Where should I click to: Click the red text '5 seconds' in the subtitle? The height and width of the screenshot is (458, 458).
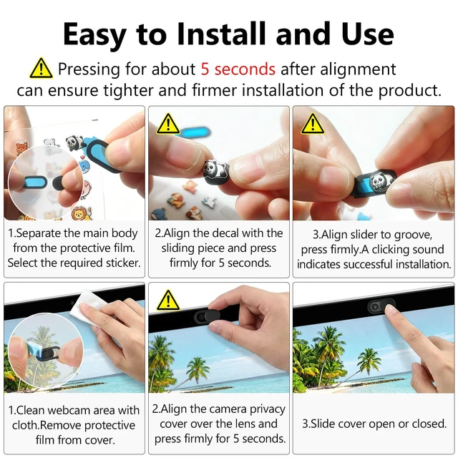coord(238,69)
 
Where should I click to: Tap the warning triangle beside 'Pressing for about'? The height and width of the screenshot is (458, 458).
coord(42,69)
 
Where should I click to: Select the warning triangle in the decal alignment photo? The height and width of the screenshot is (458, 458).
coord(168,124)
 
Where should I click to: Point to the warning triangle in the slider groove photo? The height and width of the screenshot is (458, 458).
coord(313,124)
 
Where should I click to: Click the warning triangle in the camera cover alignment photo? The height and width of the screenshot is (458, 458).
coord(168,301)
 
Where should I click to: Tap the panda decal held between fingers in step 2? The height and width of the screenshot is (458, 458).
coord(215,172)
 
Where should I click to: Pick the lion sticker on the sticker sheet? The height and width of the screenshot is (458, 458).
coord(81,213)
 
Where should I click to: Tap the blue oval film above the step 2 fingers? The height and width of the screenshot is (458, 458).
coord(195,132)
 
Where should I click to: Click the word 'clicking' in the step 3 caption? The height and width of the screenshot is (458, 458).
coord(392,250)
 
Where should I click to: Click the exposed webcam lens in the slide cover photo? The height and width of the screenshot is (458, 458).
coord(375,307)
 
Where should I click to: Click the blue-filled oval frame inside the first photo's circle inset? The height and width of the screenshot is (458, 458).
coord(35,183)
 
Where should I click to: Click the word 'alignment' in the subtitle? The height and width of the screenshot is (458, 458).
coord(358,70)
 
